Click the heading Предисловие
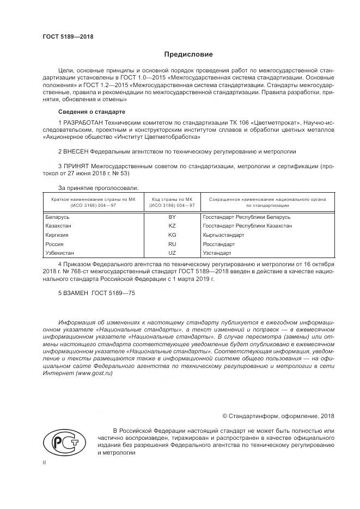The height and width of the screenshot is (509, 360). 188,54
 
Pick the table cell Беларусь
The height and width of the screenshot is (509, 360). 57,217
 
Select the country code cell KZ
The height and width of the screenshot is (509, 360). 172,225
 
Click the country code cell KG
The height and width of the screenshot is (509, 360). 172,235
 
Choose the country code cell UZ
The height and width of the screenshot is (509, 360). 172,253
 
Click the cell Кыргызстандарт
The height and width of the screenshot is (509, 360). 223,235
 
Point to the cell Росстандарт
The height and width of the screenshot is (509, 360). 218,244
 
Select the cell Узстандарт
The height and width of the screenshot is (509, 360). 217,253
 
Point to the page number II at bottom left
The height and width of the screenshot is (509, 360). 44,462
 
